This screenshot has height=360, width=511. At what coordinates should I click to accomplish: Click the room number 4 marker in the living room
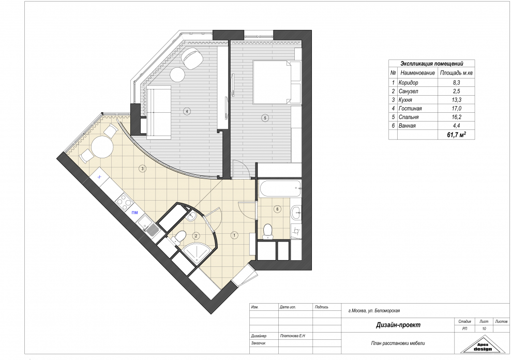pos(187,111)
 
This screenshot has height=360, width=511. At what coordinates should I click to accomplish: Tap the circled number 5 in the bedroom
pos(265,118)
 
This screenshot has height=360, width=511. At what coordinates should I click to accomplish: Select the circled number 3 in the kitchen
pos(142,169)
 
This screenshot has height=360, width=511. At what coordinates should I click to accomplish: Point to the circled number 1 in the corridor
pos(234,235)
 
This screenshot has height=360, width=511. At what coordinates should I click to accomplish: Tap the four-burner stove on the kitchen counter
pos(125,201)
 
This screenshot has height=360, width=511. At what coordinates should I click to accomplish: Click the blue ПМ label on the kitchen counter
pos(134,213)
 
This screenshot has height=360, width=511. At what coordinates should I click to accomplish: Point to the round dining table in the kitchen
pos(102,147)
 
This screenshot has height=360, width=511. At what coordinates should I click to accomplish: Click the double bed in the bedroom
pos(273,81)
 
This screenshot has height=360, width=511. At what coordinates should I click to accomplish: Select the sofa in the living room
pos(159,112)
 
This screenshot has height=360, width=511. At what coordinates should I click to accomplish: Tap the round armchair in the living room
pos(192,57)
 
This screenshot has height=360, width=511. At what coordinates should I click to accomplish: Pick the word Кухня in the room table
pos(406,100)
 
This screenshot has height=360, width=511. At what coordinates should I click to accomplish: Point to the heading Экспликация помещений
pos(431,64)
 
